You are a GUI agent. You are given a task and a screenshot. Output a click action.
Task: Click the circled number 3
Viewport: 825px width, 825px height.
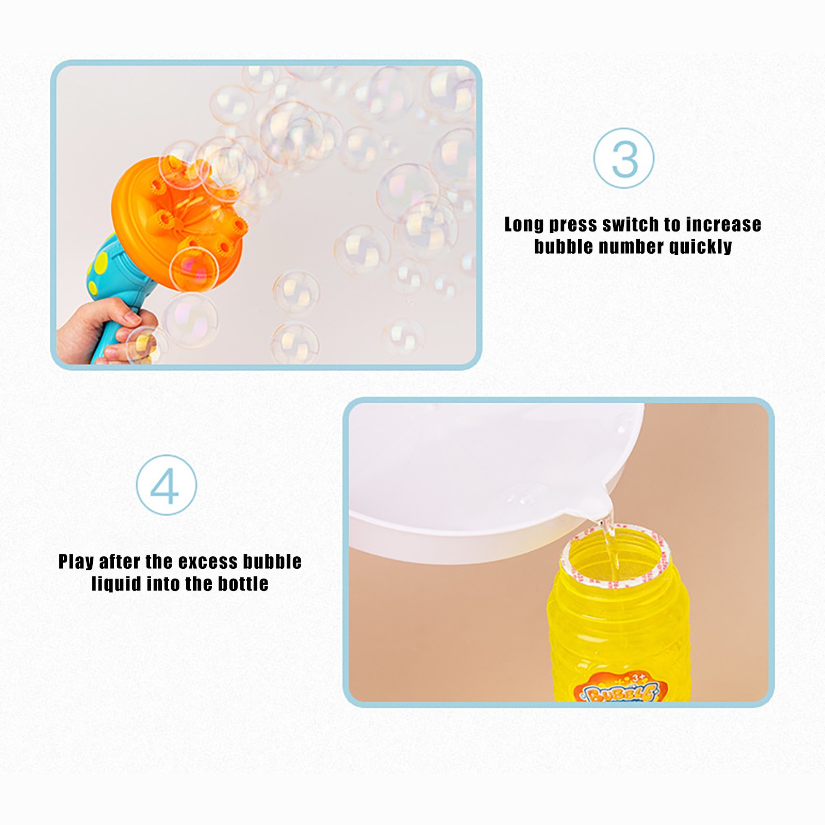624,158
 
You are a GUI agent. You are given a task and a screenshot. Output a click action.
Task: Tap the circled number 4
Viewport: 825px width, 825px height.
167,485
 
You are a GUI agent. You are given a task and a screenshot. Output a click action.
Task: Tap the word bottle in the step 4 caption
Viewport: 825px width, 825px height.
243,584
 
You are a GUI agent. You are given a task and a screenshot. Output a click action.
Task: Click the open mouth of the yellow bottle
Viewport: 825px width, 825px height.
614,556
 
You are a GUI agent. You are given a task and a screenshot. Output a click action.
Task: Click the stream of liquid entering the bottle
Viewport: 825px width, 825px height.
610,541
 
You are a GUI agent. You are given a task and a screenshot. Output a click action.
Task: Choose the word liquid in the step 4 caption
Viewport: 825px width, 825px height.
117,585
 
